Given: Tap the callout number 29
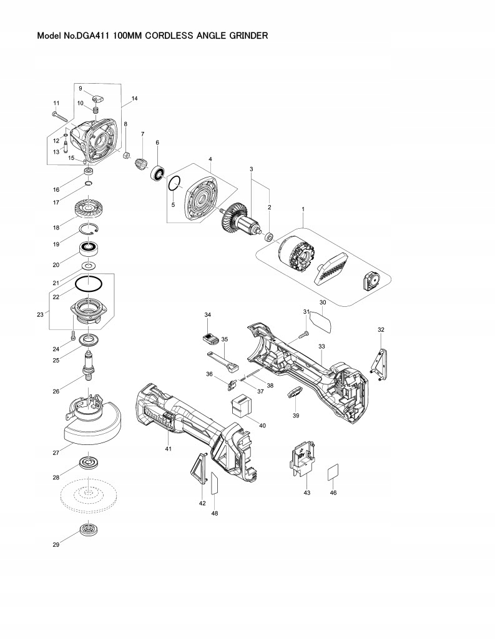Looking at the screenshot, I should (56, 545).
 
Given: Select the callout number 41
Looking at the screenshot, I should (168, 449).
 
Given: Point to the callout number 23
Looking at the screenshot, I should (39, 315).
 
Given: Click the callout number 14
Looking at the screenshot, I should (134, 99).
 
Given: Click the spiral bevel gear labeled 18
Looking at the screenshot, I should (91, 208).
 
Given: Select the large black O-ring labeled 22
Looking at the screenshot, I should (89, 284).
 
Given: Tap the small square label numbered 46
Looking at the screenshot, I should (333, 472).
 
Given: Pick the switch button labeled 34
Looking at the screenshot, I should (210, 337).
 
